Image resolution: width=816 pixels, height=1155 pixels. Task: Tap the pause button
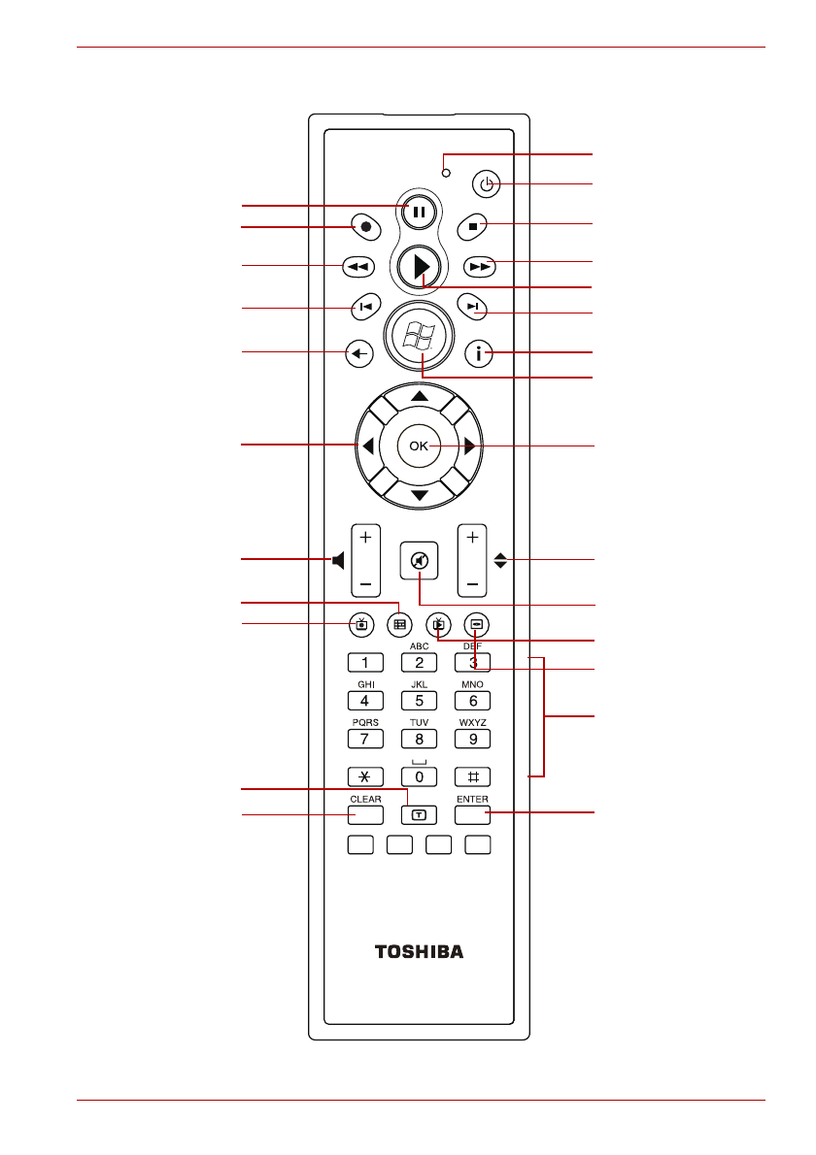coord(419,210)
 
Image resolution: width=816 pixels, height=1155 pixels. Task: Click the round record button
coord(365,229)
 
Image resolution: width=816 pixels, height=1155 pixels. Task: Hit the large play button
coord(420,266)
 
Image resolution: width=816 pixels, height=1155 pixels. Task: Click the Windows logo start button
coord(420,337)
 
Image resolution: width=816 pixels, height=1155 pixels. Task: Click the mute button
coord(419,561)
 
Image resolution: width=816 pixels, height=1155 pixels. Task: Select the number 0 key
coord(419,776)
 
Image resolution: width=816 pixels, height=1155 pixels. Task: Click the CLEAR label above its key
coord(365,800)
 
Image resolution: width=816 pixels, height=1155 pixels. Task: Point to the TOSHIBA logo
coord(419,951)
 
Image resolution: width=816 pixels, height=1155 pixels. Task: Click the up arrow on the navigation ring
coord(419,397)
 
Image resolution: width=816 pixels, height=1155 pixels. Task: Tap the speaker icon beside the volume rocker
coord(338,561)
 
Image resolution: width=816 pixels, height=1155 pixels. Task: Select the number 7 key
coord(365,739)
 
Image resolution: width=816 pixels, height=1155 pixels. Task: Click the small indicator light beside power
coord(446,173)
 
